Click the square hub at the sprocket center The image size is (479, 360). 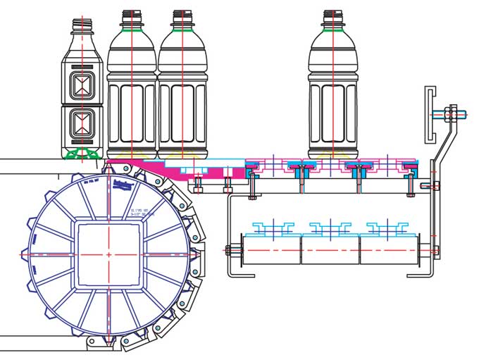coord(108,254)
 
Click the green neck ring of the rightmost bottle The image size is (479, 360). coord(333,30)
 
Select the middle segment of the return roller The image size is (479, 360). coord(330,249)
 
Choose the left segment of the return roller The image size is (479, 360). coord(272,249)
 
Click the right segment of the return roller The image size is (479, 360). coord(389,249)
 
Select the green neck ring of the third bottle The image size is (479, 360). coord(182,30)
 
